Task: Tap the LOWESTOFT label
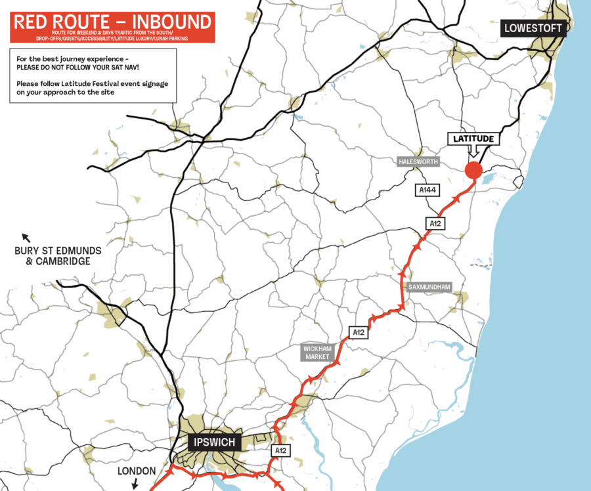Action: click(533, 28)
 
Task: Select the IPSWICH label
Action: click(215, 441)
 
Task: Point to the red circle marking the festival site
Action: click(473, 171)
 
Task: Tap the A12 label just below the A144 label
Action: click(435, 223)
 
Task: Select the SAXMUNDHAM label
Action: click(428, 287)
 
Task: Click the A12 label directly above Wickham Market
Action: click(358, 333)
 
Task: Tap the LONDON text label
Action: click(137, 471)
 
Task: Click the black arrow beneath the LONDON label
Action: click(135, 484)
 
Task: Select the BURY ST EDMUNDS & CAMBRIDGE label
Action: click(52, 255)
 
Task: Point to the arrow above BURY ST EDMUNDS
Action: click(26, 237)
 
